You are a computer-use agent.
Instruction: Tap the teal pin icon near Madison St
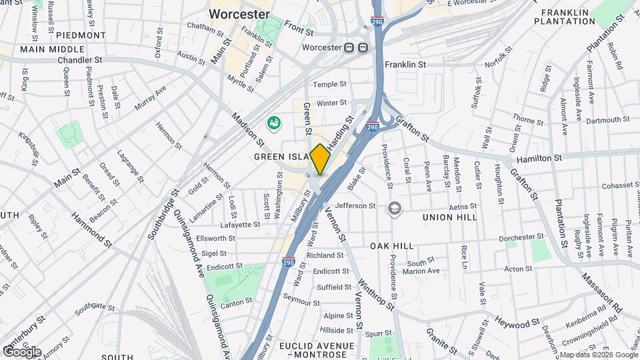[x=273, y=123]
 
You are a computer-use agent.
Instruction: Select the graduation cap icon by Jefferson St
[x=395, y=209]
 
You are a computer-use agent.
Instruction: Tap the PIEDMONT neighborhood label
[x=81, y=35]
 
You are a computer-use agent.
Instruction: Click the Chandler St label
[x=79, y=59]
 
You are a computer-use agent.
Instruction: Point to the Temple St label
[x=331, y=85]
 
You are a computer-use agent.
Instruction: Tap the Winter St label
[x=331, y=103]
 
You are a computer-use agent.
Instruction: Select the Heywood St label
[x=516, y=323]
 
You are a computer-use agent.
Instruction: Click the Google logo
[x=21, y=351]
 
